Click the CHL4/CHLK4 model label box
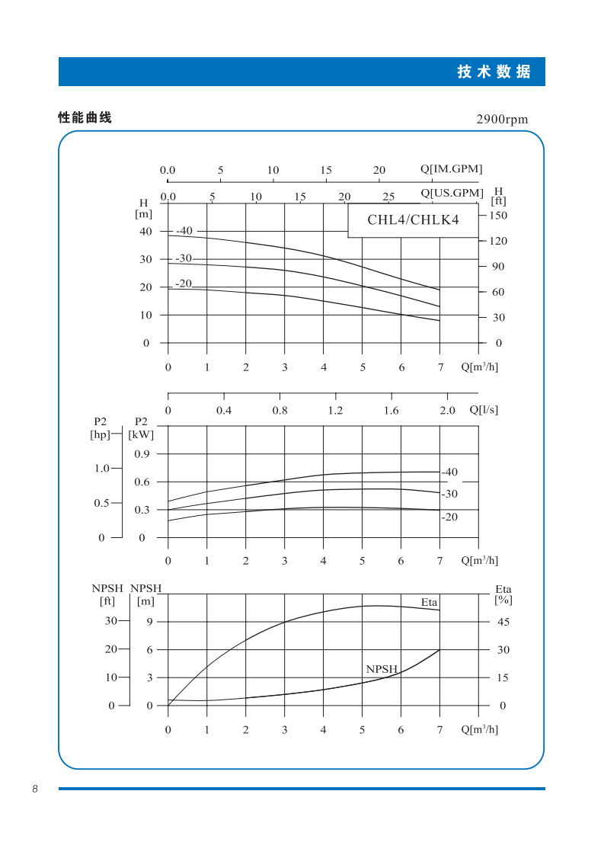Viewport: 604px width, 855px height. click(413, 221)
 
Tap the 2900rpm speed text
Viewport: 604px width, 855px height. click(502, 120)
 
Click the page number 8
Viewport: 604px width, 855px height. click(35, 789)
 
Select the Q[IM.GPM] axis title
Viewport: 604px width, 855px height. click(451, 169)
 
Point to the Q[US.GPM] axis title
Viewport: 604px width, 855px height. click(452, 193)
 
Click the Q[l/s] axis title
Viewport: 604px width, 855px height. click(484, 410)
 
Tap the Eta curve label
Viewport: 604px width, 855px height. click(430, 602)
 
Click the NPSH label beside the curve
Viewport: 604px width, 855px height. click(382, 669)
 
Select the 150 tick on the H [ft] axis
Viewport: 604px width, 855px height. click(499, 216)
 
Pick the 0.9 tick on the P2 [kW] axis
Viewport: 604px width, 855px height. click(142, 454)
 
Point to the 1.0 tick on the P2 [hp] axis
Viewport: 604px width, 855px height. click(102, 468)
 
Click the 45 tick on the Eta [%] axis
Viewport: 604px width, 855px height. click(503, 622)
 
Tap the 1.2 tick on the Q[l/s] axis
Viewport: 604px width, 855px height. click(335, 411)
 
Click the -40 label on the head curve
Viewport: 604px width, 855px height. click(185, 231)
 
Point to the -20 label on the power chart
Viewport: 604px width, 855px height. click(450, 517)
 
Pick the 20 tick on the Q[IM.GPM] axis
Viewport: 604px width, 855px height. click(379, 170)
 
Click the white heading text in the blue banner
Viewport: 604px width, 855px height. click(494, 72)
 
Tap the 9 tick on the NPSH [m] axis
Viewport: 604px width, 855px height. click(150, 622)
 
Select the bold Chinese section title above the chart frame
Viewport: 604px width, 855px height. click(85, 118)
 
